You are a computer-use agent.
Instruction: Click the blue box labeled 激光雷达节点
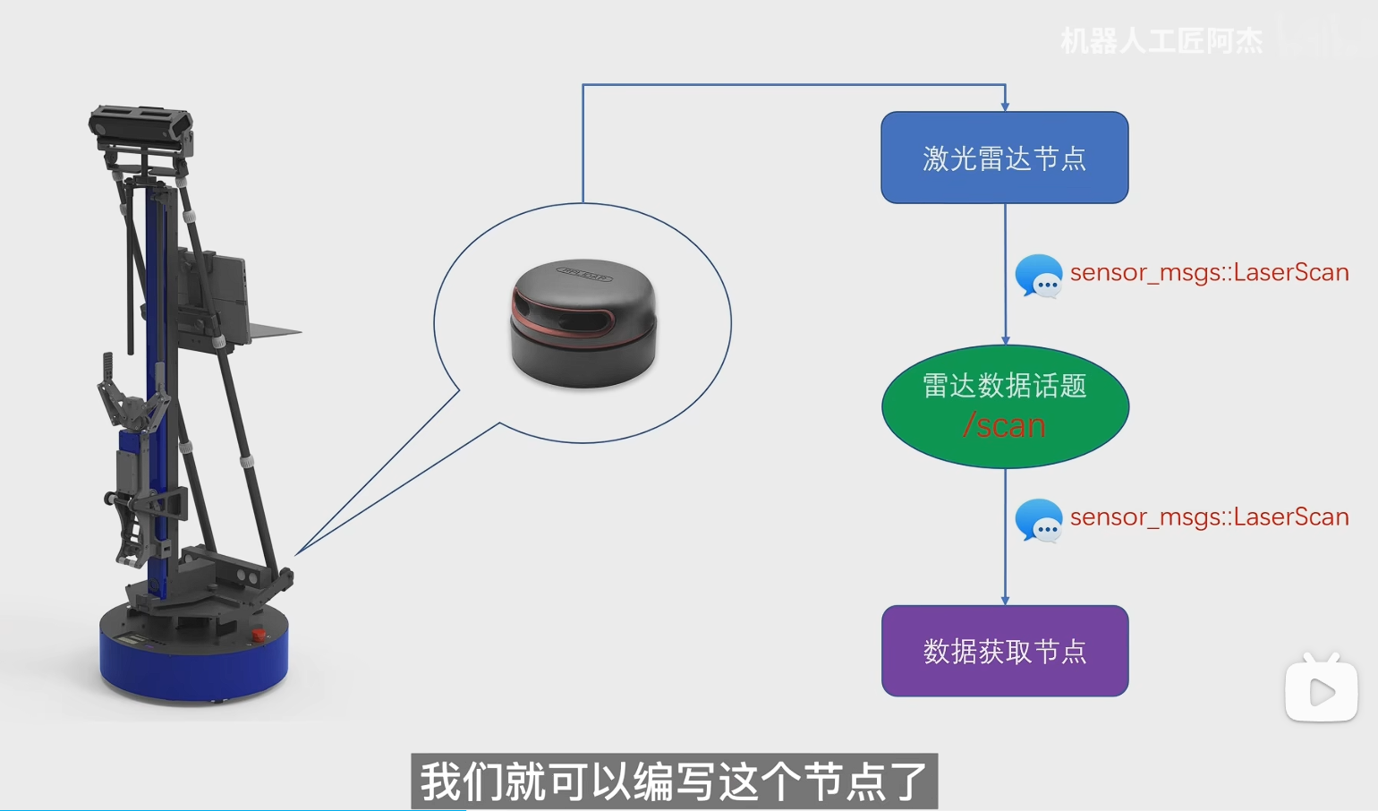(1004, 158)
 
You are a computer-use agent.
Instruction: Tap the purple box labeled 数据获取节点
(1004, 651)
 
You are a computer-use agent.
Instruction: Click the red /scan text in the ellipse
(1004, 426)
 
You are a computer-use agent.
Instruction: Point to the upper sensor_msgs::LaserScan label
(1209, 272)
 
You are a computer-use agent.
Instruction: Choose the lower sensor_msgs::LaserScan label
(1209, 516)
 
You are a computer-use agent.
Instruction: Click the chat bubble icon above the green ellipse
(1038, 275)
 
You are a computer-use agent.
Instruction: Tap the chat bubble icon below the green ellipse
(1038, 519)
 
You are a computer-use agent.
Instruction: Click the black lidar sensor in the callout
(583, 324)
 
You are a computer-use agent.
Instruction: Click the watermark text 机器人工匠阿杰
(1161, 40)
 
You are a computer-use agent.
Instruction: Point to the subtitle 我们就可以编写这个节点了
(674, 781)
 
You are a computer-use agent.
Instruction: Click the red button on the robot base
(258, 635)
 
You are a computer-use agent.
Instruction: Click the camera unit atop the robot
(140, 125)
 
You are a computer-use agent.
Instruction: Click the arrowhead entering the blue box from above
(1005, 106)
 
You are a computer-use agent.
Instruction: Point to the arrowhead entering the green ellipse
(1005, 340)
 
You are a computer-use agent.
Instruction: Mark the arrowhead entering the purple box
(1005, 601)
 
